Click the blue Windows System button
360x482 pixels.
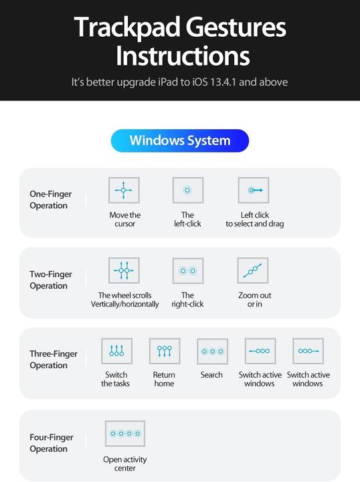(x=179, y=141)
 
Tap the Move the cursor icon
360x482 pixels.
(x=124, y=190)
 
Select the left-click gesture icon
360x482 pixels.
(x=187, y=190)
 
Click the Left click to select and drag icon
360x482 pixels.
(x=254, y=190)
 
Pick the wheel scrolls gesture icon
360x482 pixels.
(x=124, y=270)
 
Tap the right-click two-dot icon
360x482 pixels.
(x=187, y=270)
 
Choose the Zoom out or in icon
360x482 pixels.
(x=252, y=270)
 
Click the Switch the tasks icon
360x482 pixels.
(x=116, y=351)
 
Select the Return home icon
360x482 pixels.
(x=165, y=351)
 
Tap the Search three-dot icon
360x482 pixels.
(x=212, y=351)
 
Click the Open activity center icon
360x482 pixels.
(x=125, y=434)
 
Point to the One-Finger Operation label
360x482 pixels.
(x=50, y=199)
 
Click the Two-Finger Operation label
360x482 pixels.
(x=50, y=280)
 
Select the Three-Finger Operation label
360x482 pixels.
(x=54, y=359)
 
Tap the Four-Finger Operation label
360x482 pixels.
(x=52, y=443)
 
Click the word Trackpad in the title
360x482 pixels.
(x=116, y=28)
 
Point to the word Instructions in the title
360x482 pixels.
(x=183, y=56)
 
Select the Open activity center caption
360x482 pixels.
(x=125, y=464)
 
